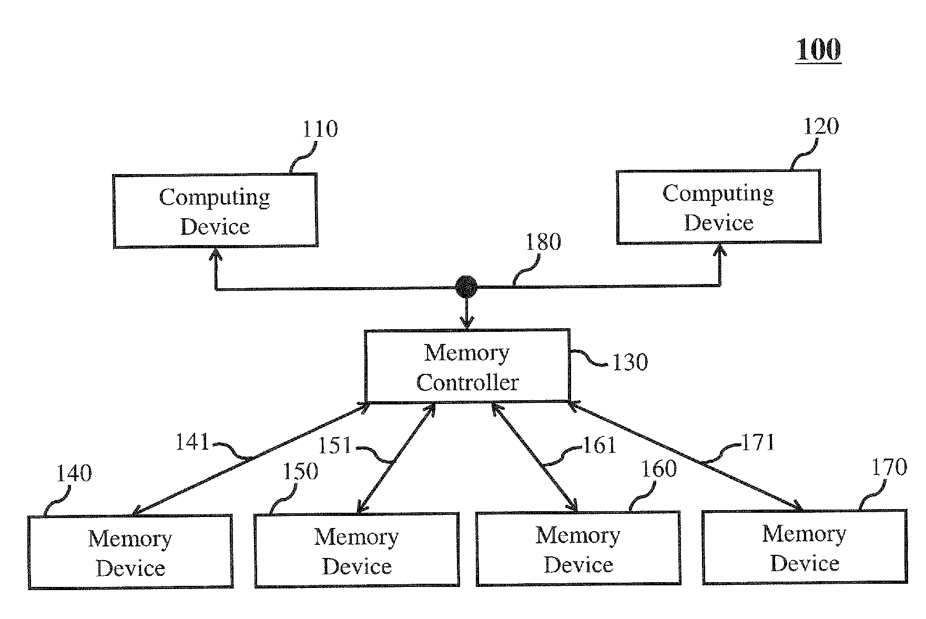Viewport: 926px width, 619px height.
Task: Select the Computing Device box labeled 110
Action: coord(216,210)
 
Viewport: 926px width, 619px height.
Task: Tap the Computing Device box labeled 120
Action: coord(718,207)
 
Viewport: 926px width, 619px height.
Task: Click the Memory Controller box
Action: coord(467,366)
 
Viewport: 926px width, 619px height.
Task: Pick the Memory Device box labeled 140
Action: coord(130,552)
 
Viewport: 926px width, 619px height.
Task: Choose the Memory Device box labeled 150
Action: coord(357,550)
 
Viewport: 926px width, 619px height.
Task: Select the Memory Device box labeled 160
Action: coord(578,549)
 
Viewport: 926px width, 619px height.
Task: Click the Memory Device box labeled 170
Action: coord(805,547)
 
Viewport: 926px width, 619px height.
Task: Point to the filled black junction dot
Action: coord(466,287)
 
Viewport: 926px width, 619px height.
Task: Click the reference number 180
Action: coord(543,242)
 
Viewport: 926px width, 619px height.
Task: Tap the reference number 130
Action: coord(630,362)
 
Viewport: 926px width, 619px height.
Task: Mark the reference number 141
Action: coord(192,442)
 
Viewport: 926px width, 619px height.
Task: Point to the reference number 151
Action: coord(335,445)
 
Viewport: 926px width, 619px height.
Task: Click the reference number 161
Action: coord(600,445)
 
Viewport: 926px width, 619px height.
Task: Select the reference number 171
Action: coord(758,442)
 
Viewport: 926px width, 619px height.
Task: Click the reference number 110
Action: coord(320,129)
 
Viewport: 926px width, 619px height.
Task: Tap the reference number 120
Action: coord(821,126)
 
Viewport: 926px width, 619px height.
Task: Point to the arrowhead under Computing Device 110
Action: coord(215,255)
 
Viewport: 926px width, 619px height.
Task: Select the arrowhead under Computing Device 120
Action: coord(719,251)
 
